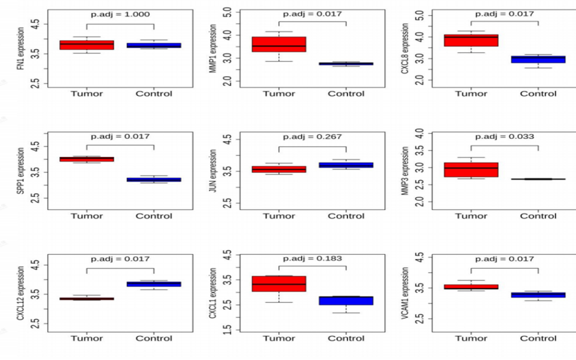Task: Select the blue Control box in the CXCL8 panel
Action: (x=538, y=59)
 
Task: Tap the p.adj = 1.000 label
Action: (x=120, y=15)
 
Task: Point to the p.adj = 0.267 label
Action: (x=312, y=136)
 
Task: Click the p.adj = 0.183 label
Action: (x=312, y=259)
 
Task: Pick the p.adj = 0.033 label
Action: (x=504, y=136)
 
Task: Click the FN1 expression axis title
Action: (x=21, y=54)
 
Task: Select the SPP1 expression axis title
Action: (x=21, y=172)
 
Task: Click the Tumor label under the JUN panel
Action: (x=279, y=216)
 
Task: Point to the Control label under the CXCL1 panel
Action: (x=346, y=338)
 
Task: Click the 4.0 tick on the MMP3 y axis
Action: (x=419, y=133)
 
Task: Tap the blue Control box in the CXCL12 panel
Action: (x=154, y=284)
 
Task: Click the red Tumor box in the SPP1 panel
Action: (x=87, y=159)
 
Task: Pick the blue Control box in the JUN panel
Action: (x=346, y=165)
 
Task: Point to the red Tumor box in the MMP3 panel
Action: (x=471, y=170)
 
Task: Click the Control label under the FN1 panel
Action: (x=154, y=94)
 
